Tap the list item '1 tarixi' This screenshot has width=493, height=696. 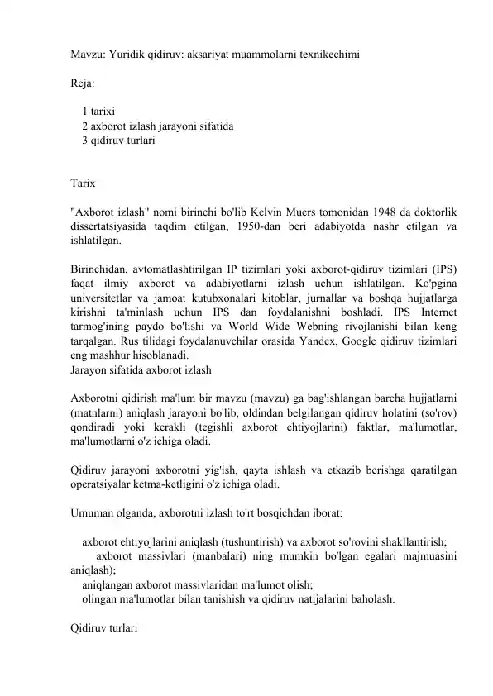(98, 111)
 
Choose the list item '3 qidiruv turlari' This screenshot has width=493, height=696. (117, 141)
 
